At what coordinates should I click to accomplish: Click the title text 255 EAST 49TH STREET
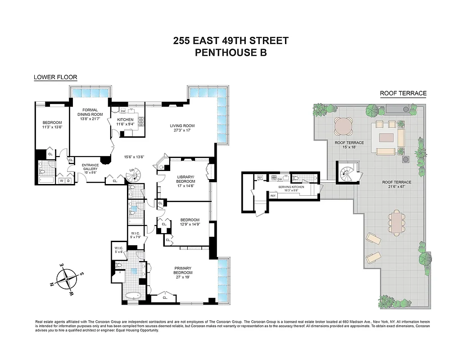pyautogui.click(x=231, y=41)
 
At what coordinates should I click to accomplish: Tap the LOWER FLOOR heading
pyautogui.click(x=55, y=77)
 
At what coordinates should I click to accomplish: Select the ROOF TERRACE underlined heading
pyautogui.click(x=403, y=94)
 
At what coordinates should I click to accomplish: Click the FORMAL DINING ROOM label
pyautogui.click(x=92, y=112)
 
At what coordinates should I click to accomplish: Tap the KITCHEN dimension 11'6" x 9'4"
pyautogui.click(x=126, y=124)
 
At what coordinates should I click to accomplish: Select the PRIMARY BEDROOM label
pyautogui.click(x=183, y=270)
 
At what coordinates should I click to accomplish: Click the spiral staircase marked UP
pyautogui.click(x=134, y=176)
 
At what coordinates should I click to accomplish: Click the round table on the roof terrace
pyautogui.click(x=344, y=126)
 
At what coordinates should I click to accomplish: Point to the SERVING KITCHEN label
pyautogui.click(x=291, y=187)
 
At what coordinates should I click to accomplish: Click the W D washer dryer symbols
pyautogui.click(x=65, y=181)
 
